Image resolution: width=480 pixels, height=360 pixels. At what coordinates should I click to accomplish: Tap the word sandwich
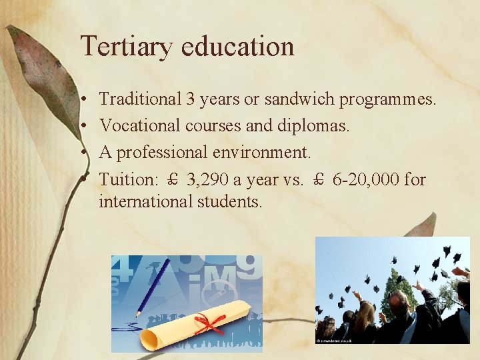tap(300, 100)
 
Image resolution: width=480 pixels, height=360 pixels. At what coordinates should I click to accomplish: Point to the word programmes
tap(388, 101)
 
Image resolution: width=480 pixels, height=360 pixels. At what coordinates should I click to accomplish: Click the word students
tap(229, 201)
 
